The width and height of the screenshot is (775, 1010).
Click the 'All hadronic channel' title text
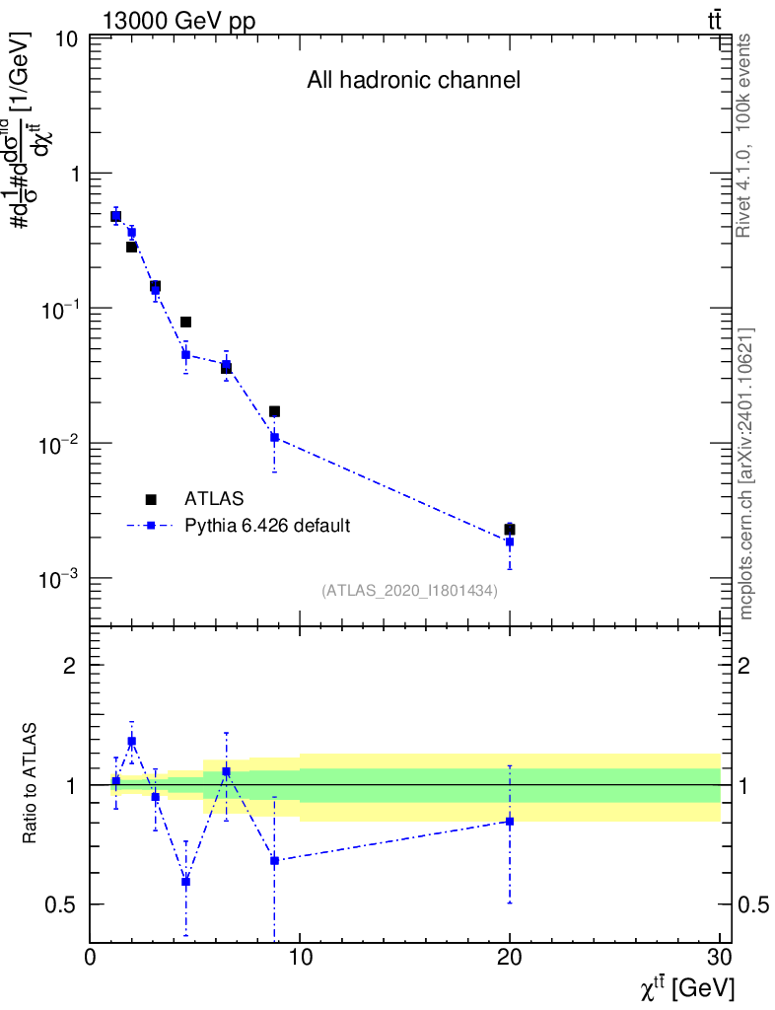pyautogui.click(x=413, y=81)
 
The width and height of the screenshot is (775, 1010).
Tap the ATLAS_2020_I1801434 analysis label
pyautogui.click(x=409, y=590)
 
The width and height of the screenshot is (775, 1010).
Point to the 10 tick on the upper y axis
pyautogui.click(x=67, y=40)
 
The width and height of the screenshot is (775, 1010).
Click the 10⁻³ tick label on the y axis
pyautogui.click(x=59, y=580)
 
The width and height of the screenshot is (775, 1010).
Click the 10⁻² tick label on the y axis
pyautogui.click(x=59, y=445)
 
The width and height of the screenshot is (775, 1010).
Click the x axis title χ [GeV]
pyautogui.click(x=686, y=987)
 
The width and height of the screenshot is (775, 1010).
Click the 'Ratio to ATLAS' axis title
pyautogui.click(x=31, y=784)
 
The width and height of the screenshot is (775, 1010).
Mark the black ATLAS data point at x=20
pyautogui.click(x=510, y=530)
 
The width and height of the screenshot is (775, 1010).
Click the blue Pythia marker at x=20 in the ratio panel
pyautogui.click(x=510, y=821)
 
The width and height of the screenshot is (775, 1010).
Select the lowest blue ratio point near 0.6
pyautogui.click(x=185, y=882)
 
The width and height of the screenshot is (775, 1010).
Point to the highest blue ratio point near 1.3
pyautogui.click(x=131, y=741)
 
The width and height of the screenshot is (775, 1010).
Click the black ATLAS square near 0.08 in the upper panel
pyautogui.click(x=185, y=322)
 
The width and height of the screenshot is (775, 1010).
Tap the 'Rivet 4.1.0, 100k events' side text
pyautogui.click(x=744, y=135)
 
